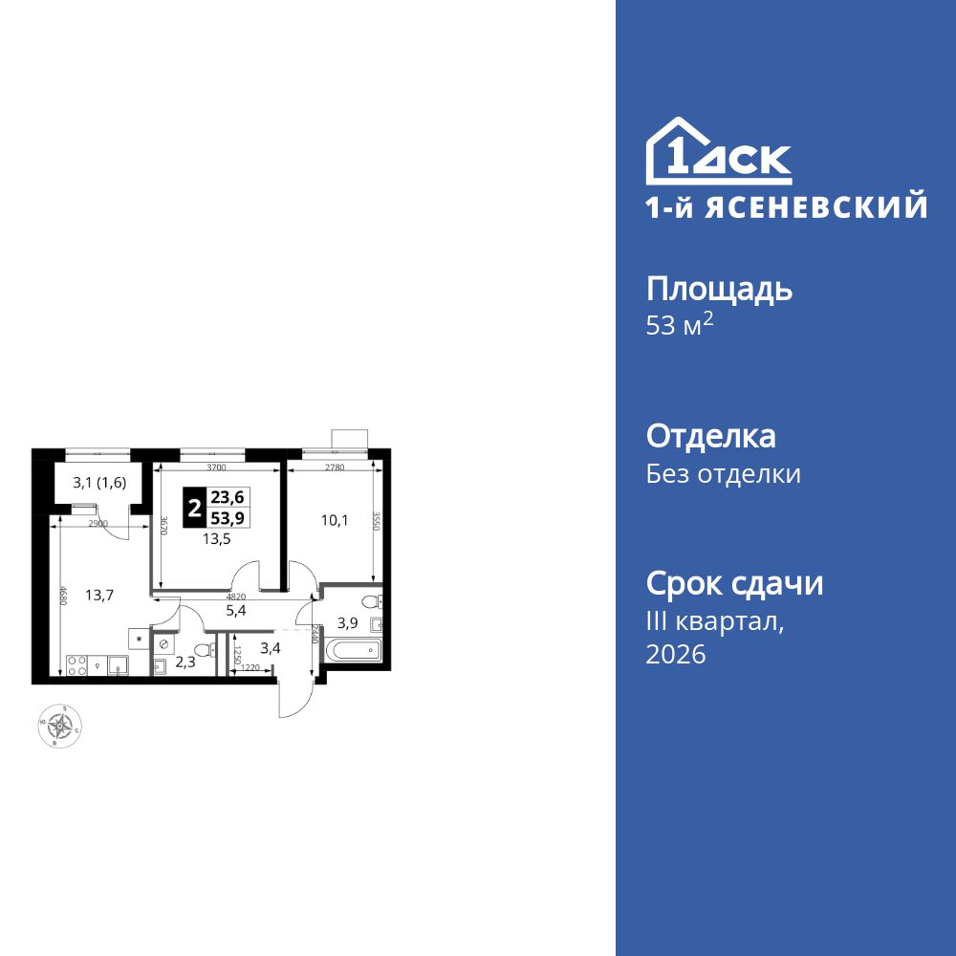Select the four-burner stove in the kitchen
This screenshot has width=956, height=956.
(76, 666)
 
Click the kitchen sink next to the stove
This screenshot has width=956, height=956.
(118, 666)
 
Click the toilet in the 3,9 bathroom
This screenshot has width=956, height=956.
(374, 601)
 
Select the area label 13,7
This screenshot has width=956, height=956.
(99, 595)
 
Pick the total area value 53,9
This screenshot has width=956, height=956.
(228, 516)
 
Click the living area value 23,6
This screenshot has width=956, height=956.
(228, 497)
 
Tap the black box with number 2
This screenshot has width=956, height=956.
(194, 507)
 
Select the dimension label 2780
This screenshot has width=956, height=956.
(335, 468)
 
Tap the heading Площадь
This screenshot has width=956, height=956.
(719, 290)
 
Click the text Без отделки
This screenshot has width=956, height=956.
(724, 474)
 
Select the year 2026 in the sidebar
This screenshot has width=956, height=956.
(676, 655)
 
